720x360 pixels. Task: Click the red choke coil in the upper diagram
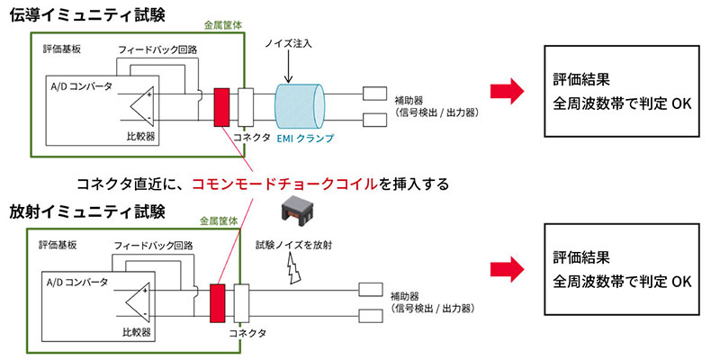[222, 105]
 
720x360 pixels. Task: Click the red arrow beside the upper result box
[507, 90]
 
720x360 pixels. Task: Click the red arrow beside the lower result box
[507, 267]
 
